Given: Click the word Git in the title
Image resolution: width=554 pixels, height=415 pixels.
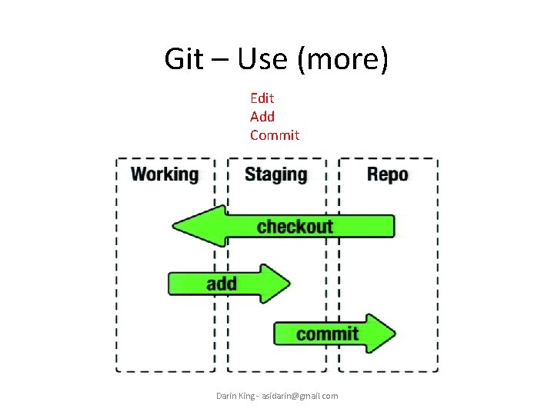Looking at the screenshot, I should (184, 59).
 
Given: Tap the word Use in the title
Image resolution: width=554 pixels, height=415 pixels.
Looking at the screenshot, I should (262, 59).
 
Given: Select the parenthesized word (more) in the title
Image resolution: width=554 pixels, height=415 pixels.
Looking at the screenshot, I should (342, 59).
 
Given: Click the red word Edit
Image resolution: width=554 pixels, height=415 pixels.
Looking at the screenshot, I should (262, 98).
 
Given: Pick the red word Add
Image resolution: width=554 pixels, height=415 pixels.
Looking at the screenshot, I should (262, 117).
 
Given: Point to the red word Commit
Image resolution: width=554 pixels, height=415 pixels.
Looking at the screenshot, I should (275, 135).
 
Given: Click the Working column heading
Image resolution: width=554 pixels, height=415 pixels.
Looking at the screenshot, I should (165, 174).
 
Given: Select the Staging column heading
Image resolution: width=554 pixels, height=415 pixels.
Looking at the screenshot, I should (275, 174).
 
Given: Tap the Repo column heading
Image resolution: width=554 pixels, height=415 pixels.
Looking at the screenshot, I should (388, 174).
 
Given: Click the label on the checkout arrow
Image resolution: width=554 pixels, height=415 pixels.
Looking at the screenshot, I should (295, 226).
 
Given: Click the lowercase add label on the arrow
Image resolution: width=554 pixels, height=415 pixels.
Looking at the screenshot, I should (222, 284).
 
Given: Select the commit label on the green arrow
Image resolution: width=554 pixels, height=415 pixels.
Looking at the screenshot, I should (327, 334).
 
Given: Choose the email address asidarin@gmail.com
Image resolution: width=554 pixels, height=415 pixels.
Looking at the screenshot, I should (299, 396).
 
